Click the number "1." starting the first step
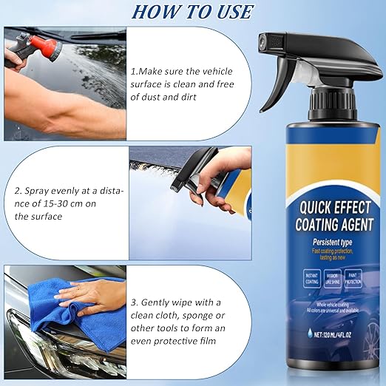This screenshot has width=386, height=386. (x=134, y=72)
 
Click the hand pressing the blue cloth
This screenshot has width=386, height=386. (x=92, y=296)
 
